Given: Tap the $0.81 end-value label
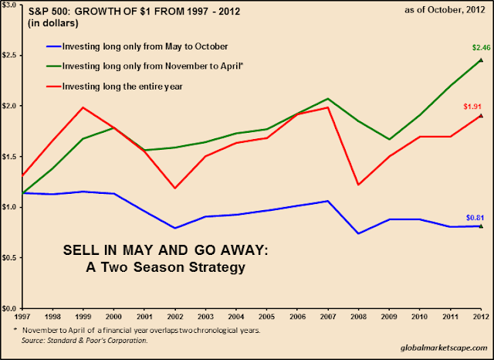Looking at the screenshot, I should pyautogui.click(x=472, y=217).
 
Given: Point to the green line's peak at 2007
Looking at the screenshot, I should pyautogui.click(x=328, y=99).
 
